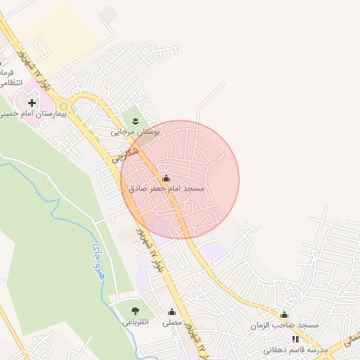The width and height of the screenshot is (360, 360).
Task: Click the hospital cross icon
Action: [32, 103]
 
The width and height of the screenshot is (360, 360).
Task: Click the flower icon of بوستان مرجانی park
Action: [136, 120]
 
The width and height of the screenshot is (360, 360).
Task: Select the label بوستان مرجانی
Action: [136, 131]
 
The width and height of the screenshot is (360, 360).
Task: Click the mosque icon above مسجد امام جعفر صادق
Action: [166, 179]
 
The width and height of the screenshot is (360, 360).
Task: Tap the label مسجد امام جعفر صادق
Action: [167, 190]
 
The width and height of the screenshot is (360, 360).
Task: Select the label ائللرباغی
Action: [135, 323]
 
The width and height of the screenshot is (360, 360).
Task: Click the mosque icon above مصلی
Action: [172, 312]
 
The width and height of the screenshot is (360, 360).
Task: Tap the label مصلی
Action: [172, 323]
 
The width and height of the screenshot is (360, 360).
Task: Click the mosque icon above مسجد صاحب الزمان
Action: [284, 315]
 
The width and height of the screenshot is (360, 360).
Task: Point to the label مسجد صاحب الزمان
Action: [284, 326]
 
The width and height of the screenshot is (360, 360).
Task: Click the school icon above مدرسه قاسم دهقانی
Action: [295, 339]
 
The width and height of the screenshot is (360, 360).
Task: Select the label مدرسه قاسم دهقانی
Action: [295, 350]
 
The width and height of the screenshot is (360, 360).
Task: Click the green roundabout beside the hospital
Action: [64, 106]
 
